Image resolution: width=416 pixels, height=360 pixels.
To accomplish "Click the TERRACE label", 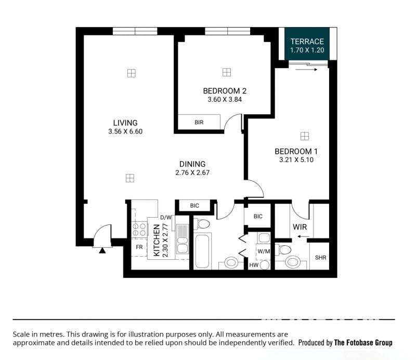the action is point(307,42).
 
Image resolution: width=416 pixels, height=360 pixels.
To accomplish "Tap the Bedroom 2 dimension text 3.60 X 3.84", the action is point(225,100).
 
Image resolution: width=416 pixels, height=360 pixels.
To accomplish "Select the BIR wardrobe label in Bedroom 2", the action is point(199,122).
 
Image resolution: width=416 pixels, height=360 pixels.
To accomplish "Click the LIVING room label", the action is point(125,123).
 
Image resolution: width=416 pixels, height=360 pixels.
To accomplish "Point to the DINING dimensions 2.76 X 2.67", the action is point(192,172).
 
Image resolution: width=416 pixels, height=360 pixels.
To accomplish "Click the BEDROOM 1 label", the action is point(296,151).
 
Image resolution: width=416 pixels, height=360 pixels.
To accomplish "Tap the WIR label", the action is point(300,227).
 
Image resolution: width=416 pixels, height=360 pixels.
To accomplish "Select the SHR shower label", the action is point(320,258).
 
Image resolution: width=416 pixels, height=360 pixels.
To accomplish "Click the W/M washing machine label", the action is point(264,251).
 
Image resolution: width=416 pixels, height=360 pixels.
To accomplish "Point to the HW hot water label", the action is point(254,265).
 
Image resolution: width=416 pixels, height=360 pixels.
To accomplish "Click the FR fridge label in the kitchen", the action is point(139,247).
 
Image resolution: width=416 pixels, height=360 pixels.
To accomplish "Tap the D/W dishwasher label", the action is point(166,218).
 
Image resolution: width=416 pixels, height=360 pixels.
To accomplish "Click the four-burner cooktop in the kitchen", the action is point(139,230).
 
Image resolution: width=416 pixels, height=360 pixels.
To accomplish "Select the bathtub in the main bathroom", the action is point(202,251).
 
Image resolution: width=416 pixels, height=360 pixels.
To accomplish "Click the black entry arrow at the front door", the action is point(102,250).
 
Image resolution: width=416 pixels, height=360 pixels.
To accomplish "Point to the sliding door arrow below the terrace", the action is point(306,70).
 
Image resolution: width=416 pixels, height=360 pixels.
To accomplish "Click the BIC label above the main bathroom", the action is point(194,206).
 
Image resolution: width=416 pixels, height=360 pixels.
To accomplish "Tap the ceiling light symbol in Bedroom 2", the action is point(227,72).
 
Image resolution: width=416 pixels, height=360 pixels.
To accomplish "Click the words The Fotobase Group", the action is point(363,342).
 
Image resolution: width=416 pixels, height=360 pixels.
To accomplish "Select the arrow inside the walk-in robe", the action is point(303,236).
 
